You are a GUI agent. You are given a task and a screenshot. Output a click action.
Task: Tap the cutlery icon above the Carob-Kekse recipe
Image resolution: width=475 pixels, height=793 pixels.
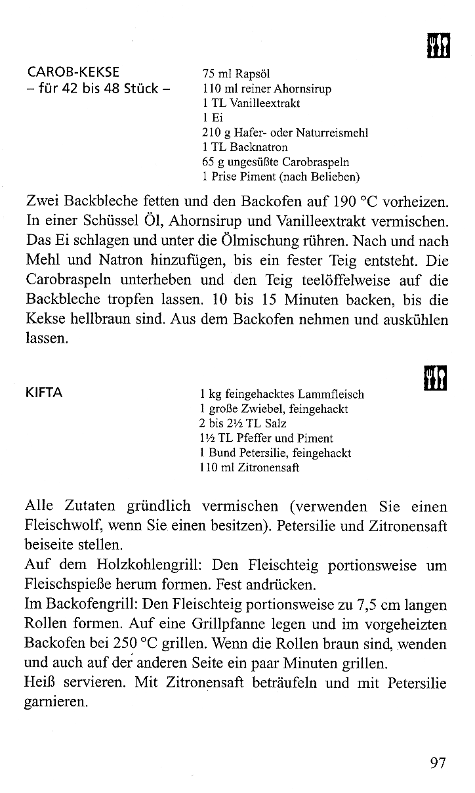437,45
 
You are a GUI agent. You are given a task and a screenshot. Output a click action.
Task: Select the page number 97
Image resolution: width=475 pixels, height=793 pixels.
438,763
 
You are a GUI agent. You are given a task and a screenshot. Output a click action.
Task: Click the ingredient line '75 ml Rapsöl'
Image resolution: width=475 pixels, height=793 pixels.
227,74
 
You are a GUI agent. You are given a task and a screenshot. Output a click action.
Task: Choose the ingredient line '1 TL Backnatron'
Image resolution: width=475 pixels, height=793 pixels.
245,147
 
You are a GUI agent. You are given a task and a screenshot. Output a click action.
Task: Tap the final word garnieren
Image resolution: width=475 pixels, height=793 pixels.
55,702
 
